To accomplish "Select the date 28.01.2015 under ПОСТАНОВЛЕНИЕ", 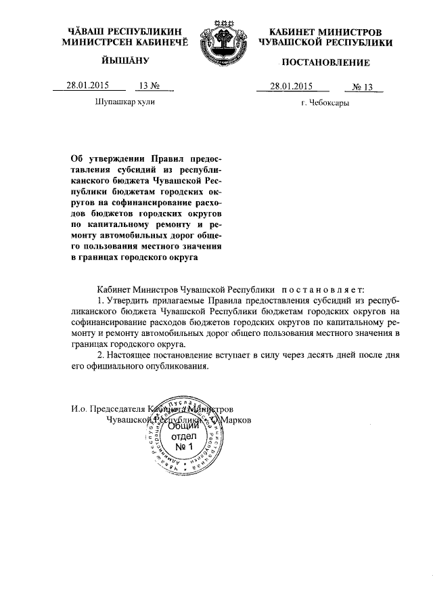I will click(291, 86).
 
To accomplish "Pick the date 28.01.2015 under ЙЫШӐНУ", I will click(87, 85).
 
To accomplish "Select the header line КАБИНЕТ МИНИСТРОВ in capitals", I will click(325, 32).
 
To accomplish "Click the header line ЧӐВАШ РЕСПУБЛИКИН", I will click(126, 32).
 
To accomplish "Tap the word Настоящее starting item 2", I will click(132, 356).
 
